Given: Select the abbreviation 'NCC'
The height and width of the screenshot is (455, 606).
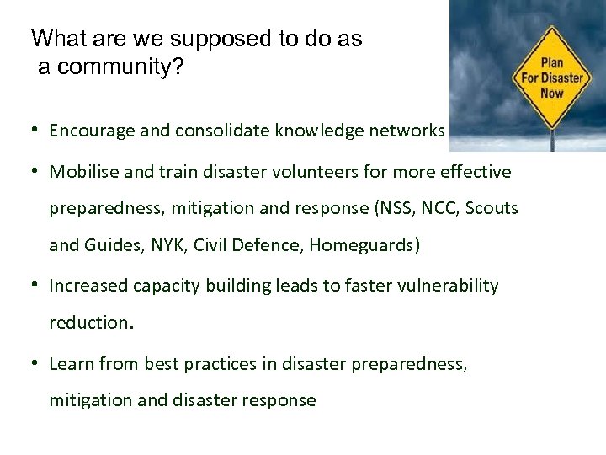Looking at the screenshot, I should [437, 208].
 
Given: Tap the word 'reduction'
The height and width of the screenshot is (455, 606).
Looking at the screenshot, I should [88, 323].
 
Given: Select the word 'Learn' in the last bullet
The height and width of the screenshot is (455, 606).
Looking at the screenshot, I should [72, 364].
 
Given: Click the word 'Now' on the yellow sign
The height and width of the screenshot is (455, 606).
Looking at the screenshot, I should [552, 93].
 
